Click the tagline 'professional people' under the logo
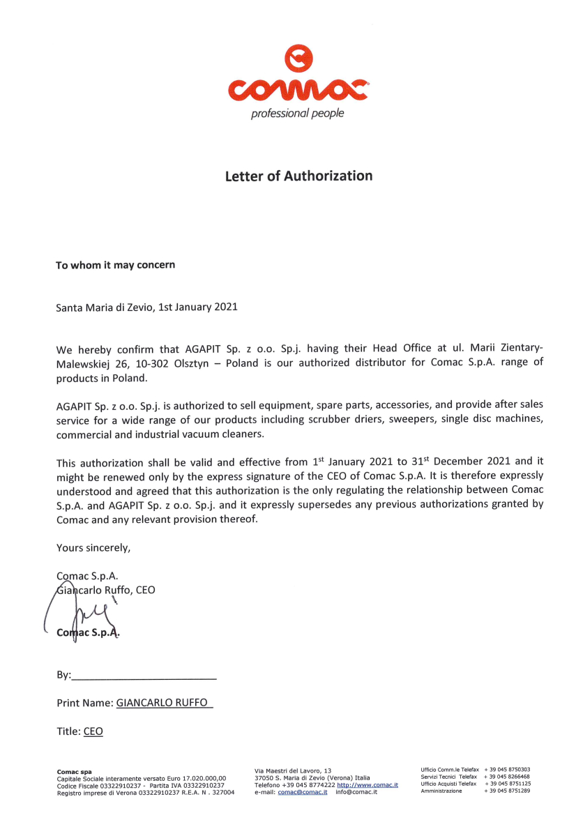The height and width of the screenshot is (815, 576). click(x=298, y=113)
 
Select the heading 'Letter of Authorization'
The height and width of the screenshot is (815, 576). click(x=298, y=176)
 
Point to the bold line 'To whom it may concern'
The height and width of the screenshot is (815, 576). click(x=115, y=265)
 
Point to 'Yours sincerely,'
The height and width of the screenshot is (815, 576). click(x=93, y=548)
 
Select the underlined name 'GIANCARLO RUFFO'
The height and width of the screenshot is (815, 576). click(x=162, y=703)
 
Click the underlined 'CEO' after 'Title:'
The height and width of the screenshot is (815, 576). click(x=93, y=731)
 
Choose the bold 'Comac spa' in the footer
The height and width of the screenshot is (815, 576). click(x=74, y=771)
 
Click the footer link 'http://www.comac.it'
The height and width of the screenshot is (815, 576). click(x=367, y=785)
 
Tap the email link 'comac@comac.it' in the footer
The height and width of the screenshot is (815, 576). click(x=303, y=792)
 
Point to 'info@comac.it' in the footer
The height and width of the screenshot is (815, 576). click(x=356, y=792)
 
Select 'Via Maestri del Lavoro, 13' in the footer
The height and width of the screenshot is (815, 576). click(x=293, y=771)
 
